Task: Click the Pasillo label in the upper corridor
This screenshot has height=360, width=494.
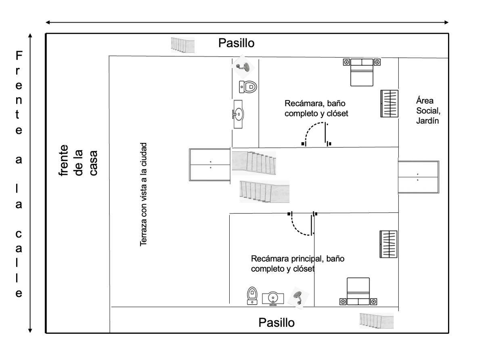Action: tap(236, 43)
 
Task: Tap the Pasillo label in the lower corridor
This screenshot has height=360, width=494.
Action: tap(276, 323)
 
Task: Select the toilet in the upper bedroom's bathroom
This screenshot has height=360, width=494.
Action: tap(248, 87)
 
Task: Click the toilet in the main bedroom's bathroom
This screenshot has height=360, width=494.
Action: tap(252, 295)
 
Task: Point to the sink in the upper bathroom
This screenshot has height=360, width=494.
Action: tap(238, 114)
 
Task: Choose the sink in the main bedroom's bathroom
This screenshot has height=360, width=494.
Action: tap(273, 299)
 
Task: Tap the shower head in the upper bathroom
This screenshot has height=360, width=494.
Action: tap(243, 67)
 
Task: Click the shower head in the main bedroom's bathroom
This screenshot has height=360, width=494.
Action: tap(298, 298)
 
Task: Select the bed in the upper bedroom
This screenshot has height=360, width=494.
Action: tap(362, 72)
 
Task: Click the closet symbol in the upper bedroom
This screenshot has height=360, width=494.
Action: tap(389, 103)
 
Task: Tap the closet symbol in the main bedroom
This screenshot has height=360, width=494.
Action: tap(389, 244)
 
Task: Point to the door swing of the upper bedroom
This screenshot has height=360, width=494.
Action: tap(309, 128)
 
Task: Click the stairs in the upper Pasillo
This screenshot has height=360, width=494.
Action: tap(182, 45)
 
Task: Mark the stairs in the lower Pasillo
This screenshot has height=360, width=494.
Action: tap(377, 321)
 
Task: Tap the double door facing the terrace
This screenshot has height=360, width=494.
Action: tap(210, 165)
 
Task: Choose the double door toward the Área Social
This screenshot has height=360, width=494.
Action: tap(419, 177)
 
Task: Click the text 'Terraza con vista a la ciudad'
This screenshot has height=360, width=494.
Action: tap(143, 195)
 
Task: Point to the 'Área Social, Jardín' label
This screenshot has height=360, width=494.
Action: tap(428, 111)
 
